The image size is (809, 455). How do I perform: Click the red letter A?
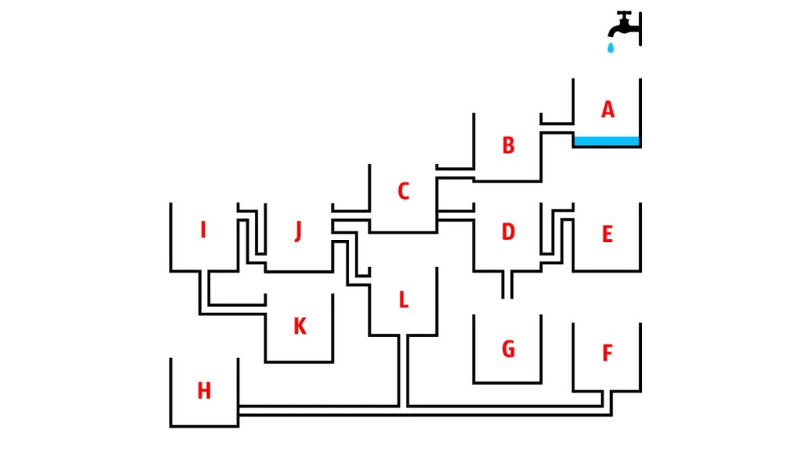point(608,110)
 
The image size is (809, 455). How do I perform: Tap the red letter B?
point(508,146)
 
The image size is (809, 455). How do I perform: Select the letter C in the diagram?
point(403,191)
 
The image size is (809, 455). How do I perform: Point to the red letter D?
point(508,233)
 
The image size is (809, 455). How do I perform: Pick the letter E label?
point(607,235)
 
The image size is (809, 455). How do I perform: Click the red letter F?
point(607,353)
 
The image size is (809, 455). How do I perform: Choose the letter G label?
point(508,349)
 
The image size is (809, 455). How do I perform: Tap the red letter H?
point(204,391)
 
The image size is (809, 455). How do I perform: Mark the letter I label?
point(203,231)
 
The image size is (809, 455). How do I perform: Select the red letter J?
point(298,233)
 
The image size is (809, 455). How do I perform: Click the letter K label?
point(299,327)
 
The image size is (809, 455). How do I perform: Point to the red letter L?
point(403,300)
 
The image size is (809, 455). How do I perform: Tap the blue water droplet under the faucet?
point(611,48)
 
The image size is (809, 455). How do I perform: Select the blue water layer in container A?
point(606,142)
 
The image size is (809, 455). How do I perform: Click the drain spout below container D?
point(508,284)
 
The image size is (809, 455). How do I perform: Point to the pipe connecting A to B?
point(557,128)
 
